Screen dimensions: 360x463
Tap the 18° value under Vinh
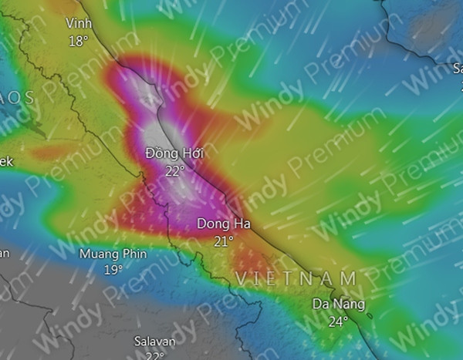coord(78,41)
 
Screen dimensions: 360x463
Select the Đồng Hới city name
coord(174,154)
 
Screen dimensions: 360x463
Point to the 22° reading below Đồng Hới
coord(174,170)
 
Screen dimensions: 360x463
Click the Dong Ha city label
coord(222,224)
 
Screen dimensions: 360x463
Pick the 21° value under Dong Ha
coord(223,241)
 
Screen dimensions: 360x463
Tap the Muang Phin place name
coord(113,253)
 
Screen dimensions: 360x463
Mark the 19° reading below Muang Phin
coord(113,269)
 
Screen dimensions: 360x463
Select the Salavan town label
coord(154,341)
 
